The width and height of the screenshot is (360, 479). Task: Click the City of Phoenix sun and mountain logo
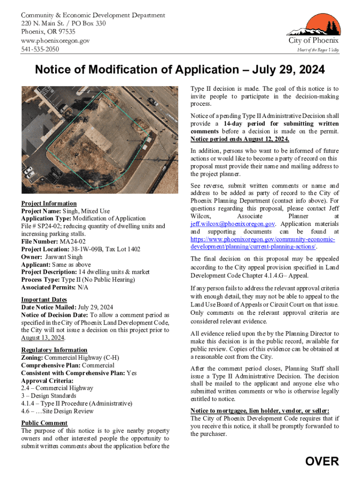312,25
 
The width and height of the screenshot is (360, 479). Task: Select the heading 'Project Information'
49,203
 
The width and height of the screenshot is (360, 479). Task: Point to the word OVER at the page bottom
322,462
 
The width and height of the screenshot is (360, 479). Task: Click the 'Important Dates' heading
44,300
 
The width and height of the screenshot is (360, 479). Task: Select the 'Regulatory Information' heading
54,350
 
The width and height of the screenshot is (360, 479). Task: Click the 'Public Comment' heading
44,423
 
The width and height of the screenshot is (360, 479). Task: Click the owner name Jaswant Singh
64,257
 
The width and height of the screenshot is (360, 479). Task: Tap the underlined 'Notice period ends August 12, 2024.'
239,139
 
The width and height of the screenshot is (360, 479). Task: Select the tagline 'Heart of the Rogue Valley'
318,50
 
